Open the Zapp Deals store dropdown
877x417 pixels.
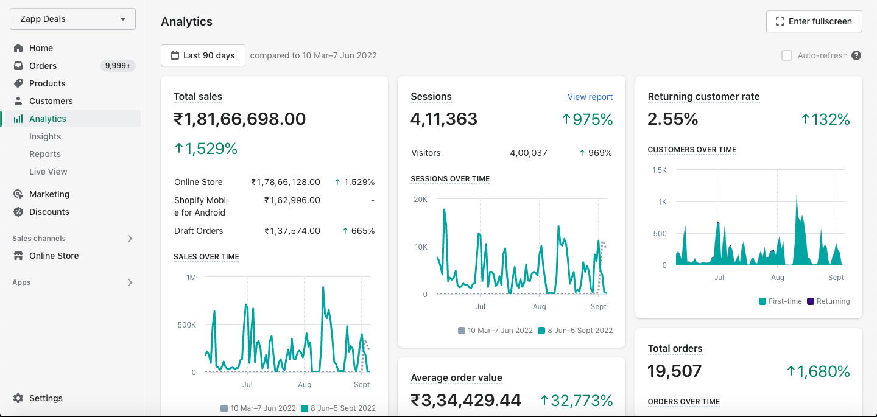pos(73,19)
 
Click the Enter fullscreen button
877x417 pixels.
pos(814,21)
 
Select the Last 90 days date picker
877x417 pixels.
pos(203,55)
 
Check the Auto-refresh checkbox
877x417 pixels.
pos(787,55)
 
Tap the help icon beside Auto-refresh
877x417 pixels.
pos(856,55)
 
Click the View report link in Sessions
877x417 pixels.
pos(590,97)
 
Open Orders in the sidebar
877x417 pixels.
pos(43,66)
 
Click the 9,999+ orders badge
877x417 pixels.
pos(118,66)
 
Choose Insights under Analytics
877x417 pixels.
pos(45,136)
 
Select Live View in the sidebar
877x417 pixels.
pos(48,172)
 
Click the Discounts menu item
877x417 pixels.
pos(49,212)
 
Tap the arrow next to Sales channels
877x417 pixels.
pos(130,239)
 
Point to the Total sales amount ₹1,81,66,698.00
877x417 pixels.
pos(239,119)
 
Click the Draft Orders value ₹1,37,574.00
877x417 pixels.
pos(292,231)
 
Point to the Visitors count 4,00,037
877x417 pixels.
pos(529,153)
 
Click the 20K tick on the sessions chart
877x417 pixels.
pos(420,200)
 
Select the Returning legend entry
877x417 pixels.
pos(828,301)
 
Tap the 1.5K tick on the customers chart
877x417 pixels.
pos(660,170)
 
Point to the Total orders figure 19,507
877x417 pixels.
pos(674,371)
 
